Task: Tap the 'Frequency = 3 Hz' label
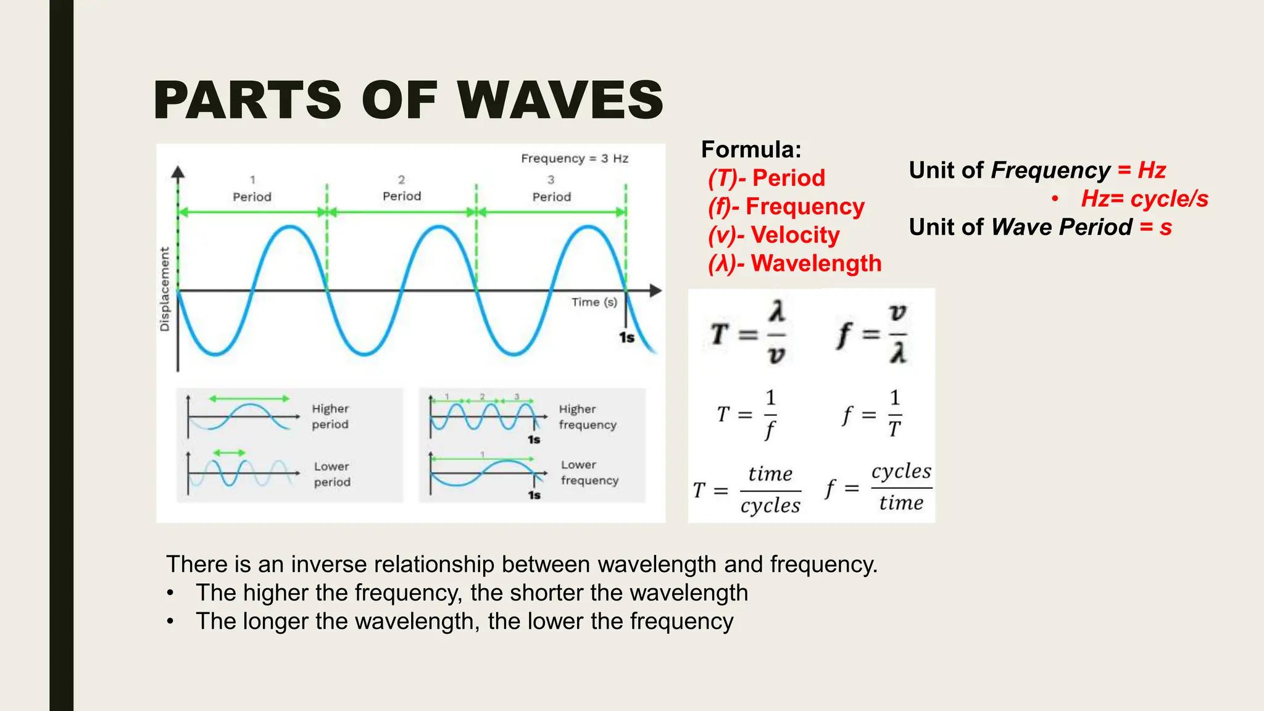pyautogui.click(x=575, y=159)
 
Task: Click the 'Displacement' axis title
pyautogui.click(x=165, y=289)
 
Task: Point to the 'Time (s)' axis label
pyautogui.click(x=594, y=302)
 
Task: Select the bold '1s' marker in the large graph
pyautogui.click(x=626, y=338)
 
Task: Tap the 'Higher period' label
pyautogui.click(x=330, y=417)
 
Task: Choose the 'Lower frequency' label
pyautogui.click(x=589, y=473)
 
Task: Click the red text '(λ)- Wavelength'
pyautogui.click(x=795, y=264)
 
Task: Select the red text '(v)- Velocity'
pyautogui.click(x=774, y=235)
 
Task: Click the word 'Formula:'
pyautogui.click(x=751, y=149)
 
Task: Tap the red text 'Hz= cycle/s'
pyautogui.click(x=1144, y=199)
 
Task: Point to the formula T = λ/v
pyautogui.click(x=749, y=334)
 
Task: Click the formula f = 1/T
pyautogui.click(x=872, y=414)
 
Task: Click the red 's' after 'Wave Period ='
pyautogui.click(x=1165, y=227)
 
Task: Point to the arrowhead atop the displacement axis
pyautogui.click(x=178, y=172)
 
